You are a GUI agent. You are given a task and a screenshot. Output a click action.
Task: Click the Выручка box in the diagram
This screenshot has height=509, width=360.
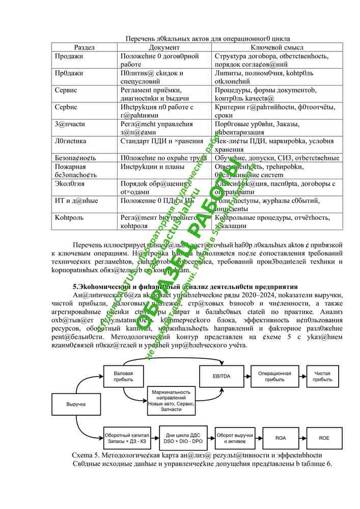76,404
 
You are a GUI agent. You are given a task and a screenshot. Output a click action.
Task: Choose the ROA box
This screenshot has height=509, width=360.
281,437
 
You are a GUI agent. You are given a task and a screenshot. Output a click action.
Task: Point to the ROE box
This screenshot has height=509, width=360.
324,437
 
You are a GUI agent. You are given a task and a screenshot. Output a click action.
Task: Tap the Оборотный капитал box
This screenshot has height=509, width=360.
127,437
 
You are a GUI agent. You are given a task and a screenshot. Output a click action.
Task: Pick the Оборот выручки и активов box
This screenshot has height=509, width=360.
235,437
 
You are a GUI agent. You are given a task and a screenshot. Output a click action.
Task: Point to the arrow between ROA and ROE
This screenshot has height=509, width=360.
303,437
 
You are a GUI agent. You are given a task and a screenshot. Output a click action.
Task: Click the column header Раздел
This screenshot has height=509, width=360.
85,47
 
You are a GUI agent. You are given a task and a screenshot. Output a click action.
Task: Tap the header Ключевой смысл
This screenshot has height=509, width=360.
277,47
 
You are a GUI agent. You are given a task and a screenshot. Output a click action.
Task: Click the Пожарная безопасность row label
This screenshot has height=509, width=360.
71,171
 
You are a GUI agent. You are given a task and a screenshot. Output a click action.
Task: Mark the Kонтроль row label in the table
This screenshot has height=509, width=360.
65,217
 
